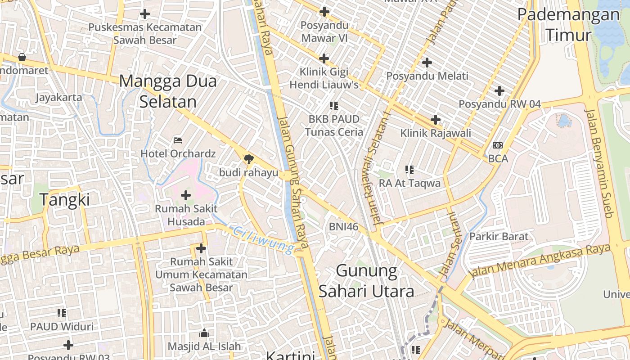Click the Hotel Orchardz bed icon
coord(178,140)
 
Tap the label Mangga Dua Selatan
coord(168,91)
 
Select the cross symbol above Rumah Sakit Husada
coord(185,195)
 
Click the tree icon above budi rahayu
coord(248,159)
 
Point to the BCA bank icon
coord(497,145)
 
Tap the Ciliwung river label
coord(264,240)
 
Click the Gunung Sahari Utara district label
coord(366,281)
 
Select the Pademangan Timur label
coord(568,24)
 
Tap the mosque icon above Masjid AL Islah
coord(204,333)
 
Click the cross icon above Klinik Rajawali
coord(435,120)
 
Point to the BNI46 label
coord(343,227)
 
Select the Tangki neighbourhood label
coord(65,199)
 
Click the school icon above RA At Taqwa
coord(409,170)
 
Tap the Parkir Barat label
coord(499,236)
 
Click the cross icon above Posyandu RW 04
coord(499,91)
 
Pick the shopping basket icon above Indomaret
coord(22,57)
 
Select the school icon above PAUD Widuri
coord(62,313)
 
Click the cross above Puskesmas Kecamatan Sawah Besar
coord(144,14)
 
